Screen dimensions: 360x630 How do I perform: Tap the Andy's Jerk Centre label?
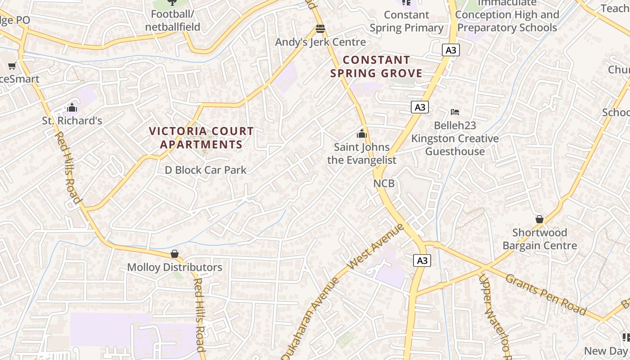320,42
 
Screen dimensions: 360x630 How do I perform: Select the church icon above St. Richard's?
72,108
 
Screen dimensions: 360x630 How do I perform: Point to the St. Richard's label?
72,121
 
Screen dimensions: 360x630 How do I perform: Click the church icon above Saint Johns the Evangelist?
361,134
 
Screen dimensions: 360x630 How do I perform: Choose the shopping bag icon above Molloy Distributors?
175,254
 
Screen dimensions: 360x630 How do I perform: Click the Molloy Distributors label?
175,267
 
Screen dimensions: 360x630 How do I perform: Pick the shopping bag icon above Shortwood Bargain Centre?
540,220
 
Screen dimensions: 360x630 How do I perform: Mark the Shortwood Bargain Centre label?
540,239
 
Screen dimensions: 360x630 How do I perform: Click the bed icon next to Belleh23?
455,112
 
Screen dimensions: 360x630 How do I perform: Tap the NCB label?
384,184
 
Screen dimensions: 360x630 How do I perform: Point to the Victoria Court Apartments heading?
201,138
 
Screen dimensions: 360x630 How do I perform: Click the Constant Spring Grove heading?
376,67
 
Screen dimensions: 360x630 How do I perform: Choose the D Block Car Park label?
206,170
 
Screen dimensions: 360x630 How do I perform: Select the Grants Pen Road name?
546,295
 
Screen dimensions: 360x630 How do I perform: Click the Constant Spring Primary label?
406,21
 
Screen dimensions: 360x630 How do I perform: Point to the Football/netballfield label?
172,20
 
